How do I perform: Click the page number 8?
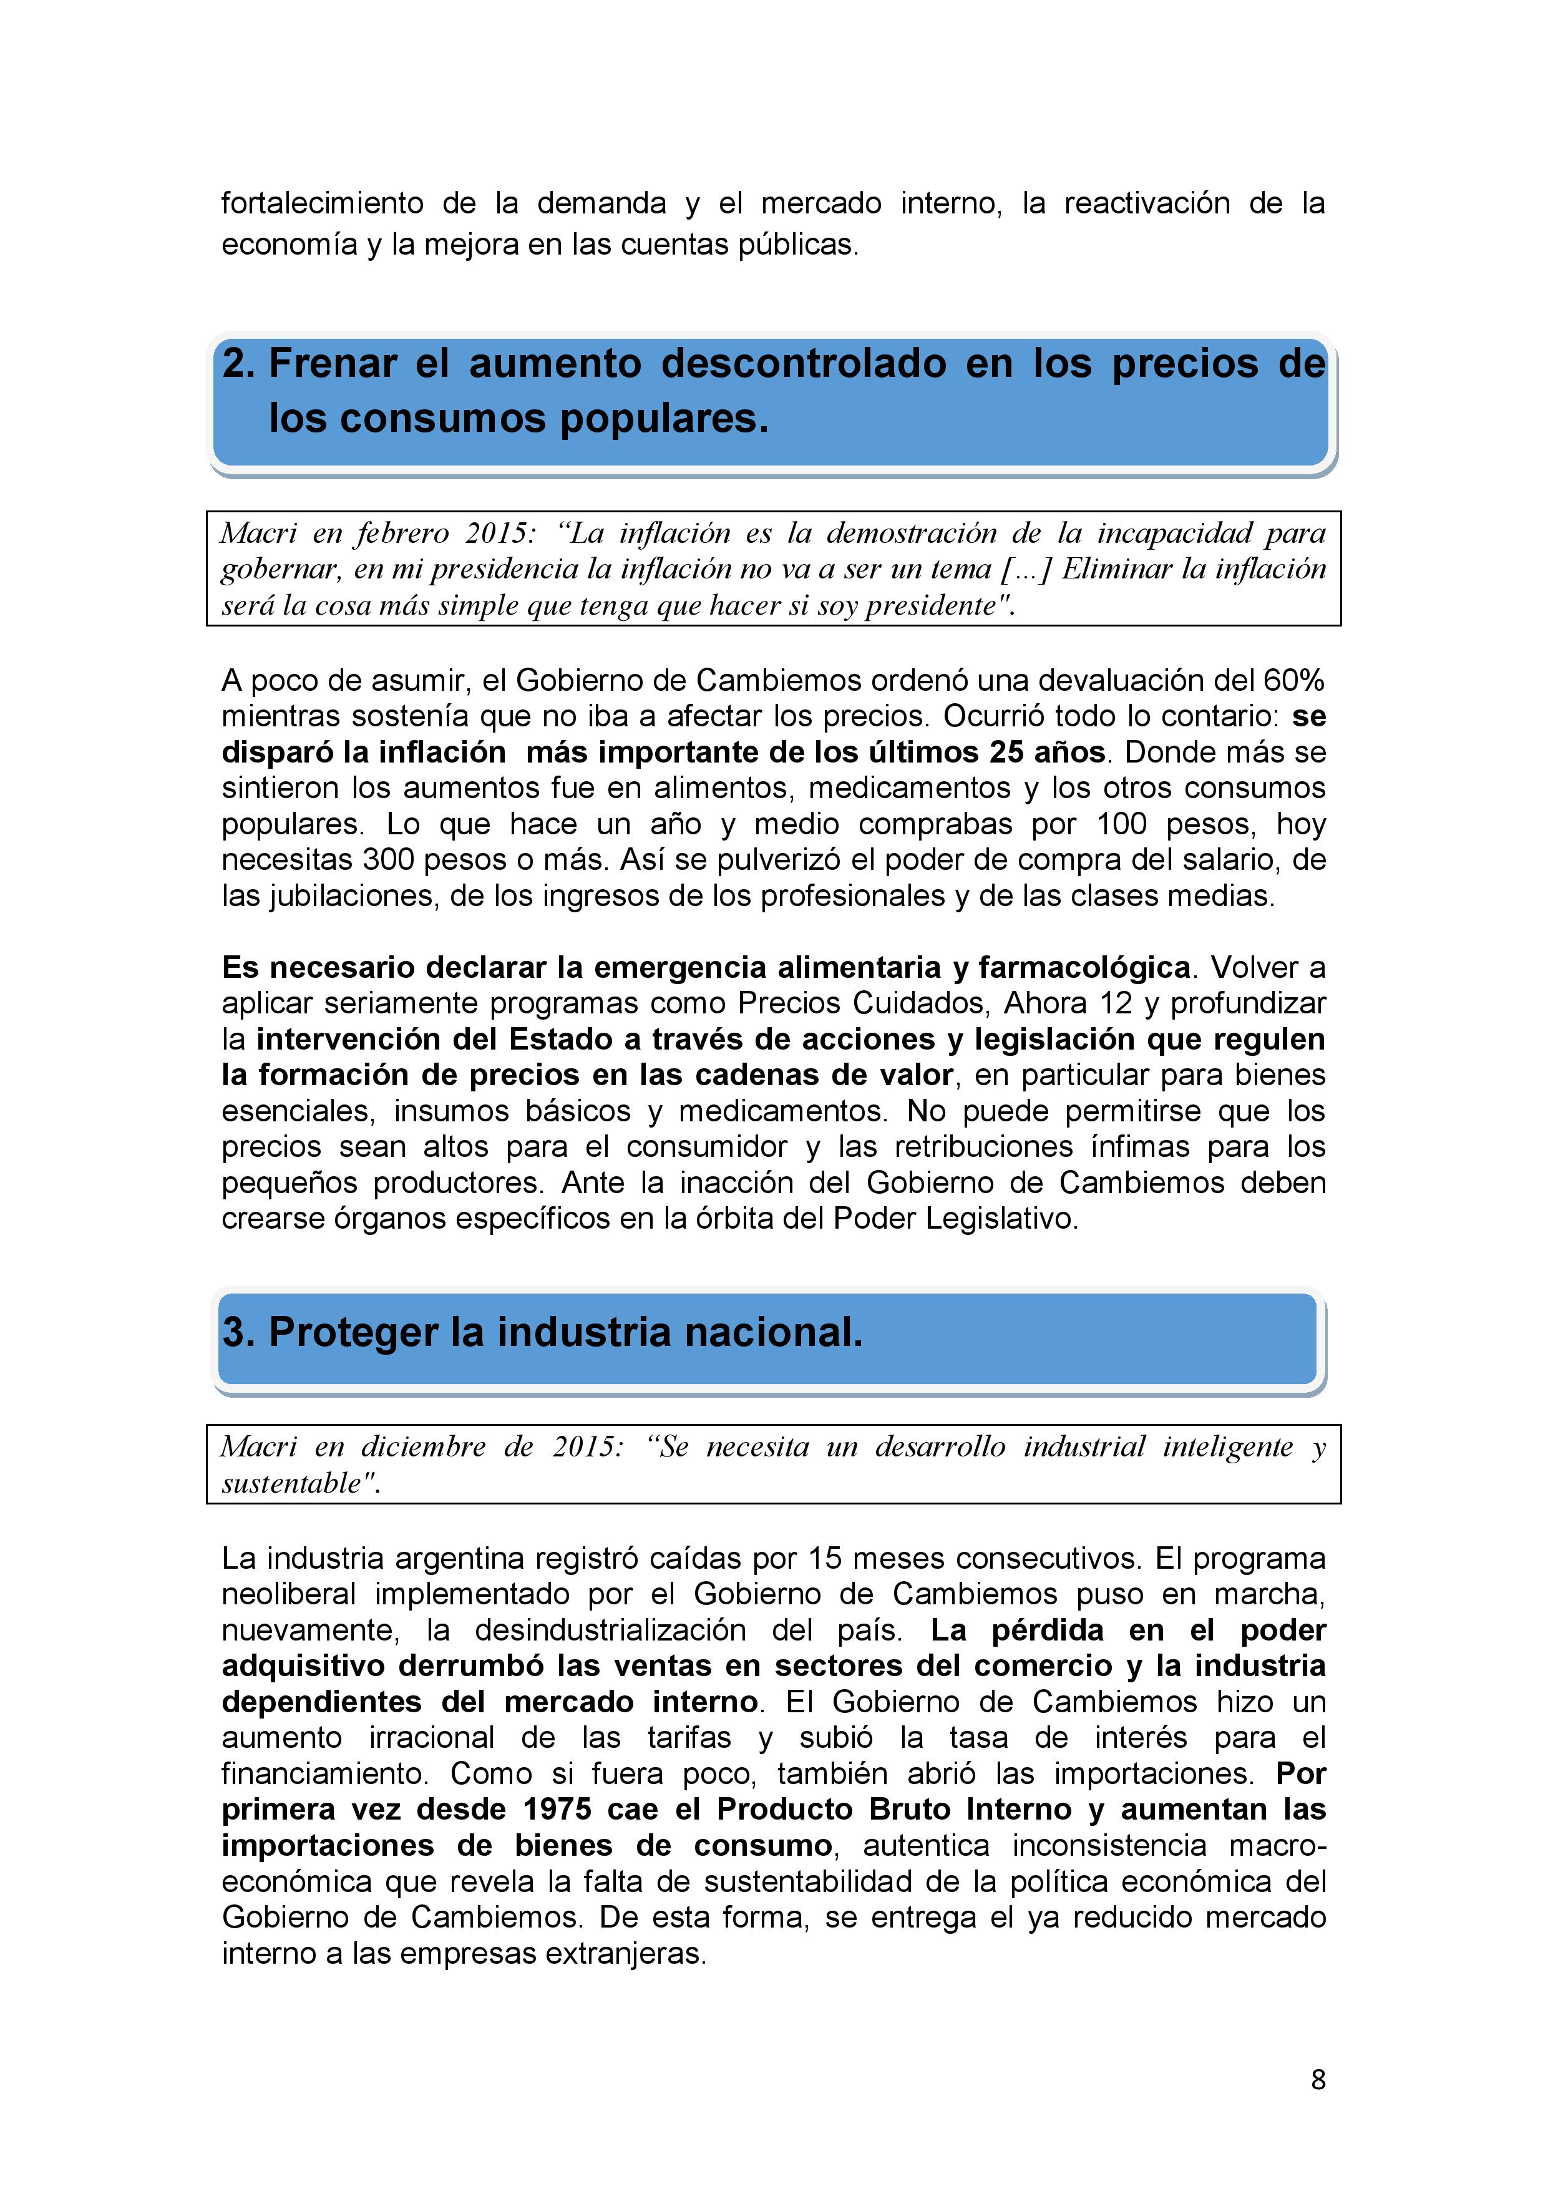pos(1318,2079)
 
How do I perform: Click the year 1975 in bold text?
pos(558,1810)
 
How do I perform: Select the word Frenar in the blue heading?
pos(333,363)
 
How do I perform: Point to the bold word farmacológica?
pos(1084,968)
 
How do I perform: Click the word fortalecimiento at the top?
pos(322,203)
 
